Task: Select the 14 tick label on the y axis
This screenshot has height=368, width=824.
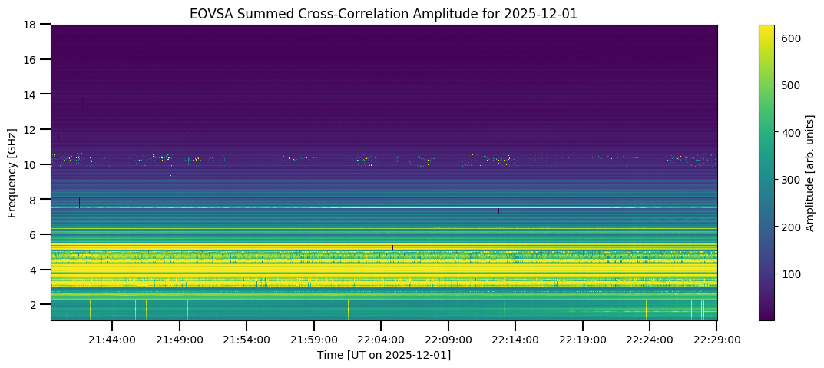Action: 32,94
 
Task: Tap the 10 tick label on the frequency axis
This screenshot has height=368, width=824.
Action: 32,164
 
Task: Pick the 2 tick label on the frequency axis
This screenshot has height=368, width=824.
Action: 35,304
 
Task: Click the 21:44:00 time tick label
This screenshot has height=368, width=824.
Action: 112,339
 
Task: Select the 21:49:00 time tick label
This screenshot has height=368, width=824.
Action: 180,339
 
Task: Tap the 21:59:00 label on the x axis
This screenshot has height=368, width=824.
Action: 314,339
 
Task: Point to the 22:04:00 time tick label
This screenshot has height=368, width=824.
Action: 382,339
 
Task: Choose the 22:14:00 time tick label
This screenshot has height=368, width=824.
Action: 516,339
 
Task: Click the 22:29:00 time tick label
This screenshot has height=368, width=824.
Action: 717,339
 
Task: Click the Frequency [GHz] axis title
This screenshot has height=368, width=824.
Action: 13,173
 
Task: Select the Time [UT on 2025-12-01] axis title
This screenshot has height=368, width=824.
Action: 384,355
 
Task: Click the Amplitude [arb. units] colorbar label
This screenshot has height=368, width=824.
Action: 809,173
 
